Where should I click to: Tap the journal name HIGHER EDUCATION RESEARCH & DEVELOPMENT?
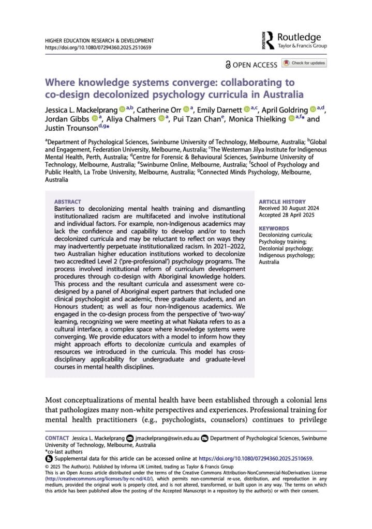click(99, 40)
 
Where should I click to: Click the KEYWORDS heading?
click(274, 228)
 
